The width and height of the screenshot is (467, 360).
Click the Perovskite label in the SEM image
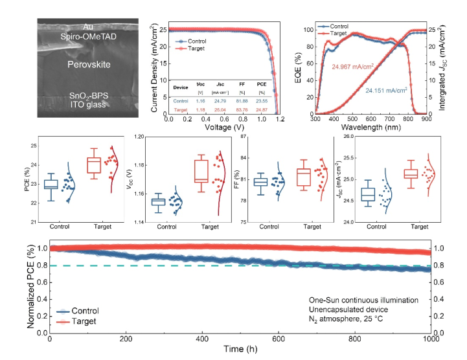click(87, 65)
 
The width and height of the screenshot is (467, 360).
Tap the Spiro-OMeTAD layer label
click(87, 35)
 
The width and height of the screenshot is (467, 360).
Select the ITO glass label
click(87, 106)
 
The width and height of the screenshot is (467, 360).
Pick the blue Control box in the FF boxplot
click(260, 182)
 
